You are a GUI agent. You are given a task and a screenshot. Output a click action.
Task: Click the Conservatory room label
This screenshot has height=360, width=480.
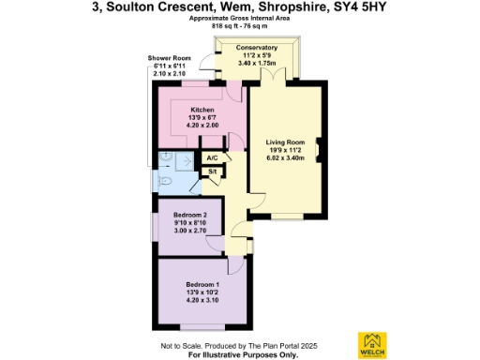coord(257,47)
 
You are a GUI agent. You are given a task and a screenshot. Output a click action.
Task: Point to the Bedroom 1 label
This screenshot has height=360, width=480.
coord(202,284)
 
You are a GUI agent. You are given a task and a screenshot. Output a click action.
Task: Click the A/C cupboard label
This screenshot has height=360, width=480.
coord(213,157)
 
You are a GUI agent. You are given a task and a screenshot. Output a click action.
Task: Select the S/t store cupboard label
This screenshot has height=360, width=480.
coord(213,171)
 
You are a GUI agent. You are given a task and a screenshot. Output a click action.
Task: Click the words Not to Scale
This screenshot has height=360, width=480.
coord(180,346)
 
